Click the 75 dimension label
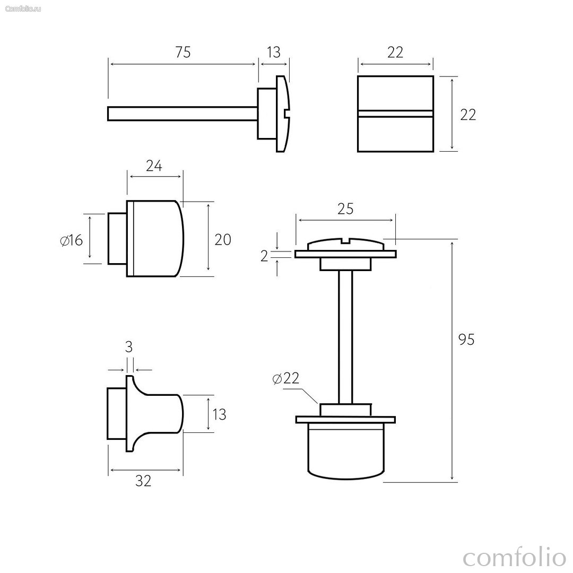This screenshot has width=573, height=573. [183, 52]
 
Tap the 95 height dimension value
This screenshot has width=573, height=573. [466, 340]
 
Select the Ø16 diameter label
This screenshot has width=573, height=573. [72, 240]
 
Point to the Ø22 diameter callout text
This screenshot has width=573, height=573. [286, 378]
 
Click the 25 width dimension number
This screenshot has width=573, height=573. [345, 209]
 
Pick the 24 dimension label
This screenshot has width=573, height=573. [154, 166]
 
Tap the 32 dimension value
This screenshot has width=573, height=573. [143, 481]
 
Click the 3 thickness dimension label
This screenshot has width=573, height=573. [128, 347]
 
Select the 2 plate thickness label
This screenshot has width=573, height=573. [264, 257]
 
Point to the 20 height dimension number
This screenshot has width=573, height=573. [223, 240]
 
